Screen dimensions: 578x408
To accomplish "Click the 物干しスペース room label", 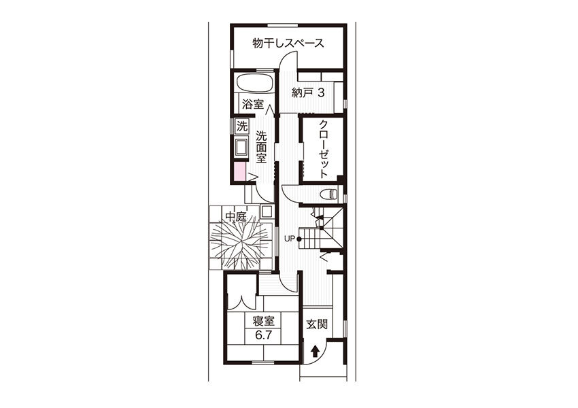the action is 288,43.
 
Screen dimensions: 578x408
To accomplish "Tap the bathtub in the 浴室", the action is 254,83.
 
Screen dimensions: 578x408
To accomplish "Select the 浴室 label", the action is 252,104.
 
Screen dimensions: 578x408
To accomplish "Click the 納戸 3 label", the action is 308,93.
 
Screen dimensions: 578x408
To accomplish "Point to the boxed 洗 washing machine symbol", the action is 242,126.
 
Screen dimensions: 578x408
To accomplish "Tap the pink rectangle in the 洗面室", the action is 239,172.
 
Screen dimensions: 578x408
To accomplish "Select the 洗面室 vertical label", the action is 261,148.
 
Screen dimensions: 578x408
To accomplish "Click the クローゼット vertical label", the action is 323,149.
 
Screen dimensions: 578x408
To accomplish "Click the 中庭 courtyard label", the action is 236,216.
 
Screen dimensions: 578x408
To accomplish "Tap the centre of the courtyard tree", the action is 240,243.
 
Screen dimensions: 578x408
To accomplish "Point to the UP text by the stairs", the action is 290,239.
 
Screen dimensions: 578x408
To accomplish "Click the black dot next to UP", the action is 299,239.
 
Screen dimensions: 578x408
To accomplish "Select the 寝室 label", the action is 264,322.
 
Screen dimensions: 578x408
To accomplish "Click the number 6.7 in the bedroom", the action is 264,335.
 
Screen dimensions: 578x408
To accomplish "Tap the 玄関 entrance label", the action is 317,324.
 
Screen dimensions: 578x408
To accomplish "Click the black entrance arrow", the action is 314,352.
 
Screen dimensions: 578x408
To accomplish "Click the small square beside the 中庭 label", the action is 266,212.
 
